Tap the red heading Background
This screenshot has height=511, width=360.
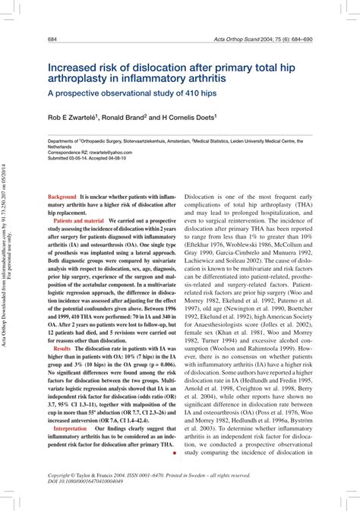(62, 196)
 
